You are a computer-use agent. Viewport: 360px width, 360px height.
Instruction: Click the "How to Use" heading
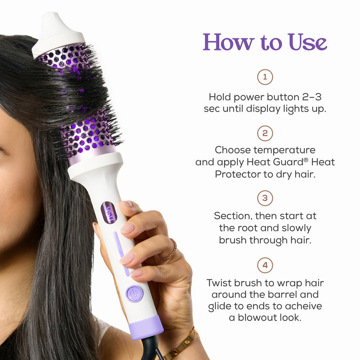[x=265, y=42]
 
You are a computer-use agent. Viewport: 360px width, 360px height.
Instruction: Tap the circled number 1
[x=265, y=77]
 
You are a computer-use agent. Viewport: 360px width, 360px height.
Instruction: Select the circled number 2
[x=265, y=133]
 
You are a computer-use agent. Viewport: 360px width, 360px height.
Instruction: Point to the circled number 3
[x=265, y=198]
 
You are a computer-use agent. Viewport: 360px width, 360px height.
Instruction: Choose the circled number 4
[x=265, y=265]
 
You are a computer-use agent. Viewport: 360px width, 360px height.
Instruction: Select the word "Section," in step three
[x=233, y=216]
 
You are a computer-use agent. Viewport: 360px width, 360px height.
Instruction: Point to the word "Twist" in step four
[x=220, y=283]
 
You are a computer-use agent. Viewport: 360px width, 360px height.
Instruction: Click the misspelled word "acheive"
[x=306, y=306]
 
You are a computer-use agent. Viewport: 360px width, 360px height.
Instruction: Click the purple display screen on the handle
[x=109, y=212]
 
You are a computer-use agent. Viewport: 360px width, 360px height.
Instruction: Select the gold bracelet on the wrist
[x=182, y=344]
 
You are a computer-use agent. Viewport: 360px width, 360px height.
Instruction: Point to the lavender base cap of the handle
[x=146, y=327]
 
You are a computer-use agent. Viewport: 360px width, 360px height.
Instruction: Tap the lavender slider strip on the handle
[x=121, y=252]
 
